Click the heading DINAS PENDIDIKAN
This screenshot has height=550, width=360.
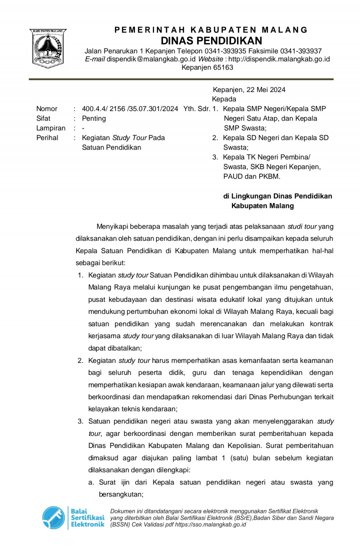(211, 41)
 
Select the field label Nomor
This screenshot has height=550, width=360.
(47, 109)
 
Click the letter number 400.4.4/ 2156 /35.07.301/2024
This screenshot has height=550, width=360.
(130, 109)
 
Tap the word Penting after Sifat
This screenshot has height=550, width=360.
(94, 119)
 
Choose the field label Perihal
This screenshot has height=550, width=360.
(47, 138)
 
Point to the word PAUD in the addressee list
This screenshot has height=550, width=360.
(233, 177)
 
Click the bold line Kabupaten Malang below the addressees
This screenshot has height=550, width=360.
(263, 206)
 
